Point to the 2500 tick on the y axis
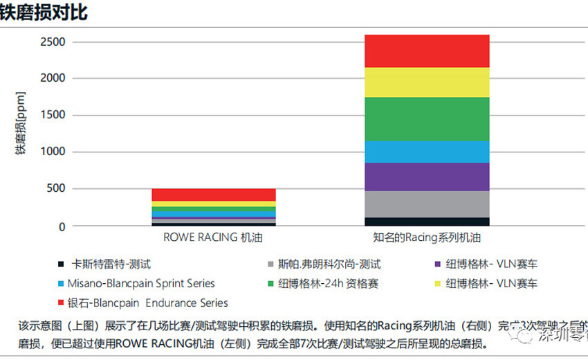click(53, 42)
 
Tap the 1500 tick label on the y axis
click(53, 115)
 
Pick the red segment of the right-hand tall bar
click(427, 51)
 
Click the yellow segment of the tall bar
click(427, 82)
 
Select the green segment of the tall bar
click(427, 118)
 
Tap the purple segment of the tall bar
click(427, 177)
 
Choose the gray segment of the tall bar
click(427, 204)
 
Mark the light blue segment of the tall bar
click(427, 152)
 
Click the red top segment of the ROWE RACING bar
click(214, 194)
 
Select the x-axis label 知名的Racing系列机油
click(427, 237)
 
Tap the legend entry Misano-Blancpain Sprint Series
click(141, 283)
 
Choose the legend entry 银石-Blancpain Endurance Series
click(147, 303)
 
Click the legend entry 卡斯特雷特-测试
click(111, 264)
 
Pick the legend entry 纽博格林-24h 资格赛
click(328, 283)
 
